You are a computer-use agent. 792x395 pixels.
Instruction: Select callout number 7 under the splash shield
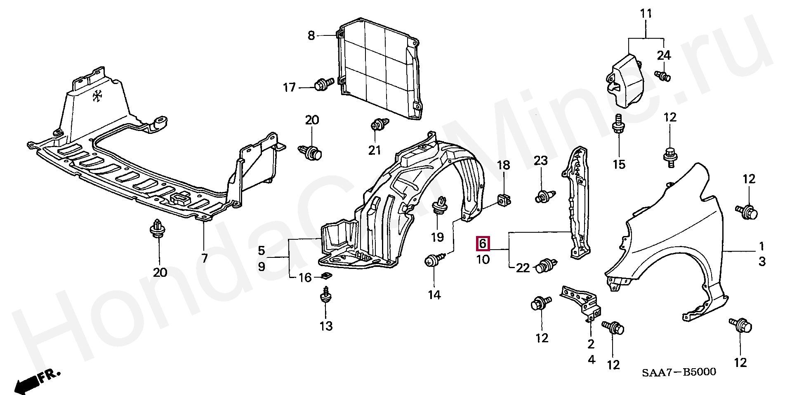coord(204,259)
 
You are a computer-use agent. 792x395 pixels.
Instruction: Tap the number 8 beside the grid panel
coord(311,36)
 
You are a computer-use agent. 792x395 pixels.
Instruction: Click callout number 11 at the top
coord(646,14)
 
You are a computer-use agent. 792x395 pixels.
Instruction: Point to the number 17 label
coord(290,87)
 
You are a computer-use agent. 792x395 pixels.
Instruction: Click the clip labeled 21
coord(377,124)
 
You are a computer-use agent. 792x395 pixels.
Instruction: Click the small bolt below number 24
coord(663,75)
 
